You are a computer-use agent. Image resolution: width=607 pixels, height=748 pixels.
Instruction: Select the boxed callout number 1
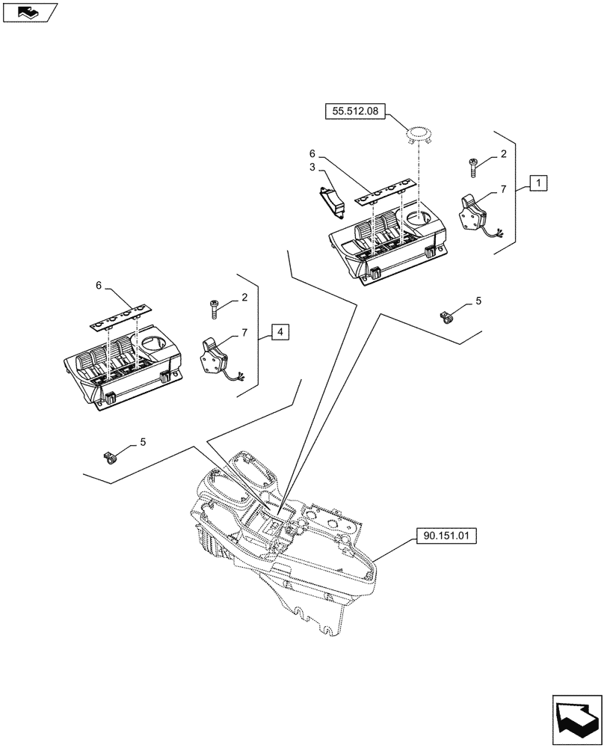click(x=540, y=182)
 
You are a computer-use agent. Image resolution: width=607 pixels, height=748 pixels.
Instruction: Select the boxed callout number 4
click(x=277, y=331)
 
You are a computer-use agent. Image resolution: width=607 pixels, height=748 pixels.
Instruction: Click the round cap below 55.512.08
click(x=419, y=135)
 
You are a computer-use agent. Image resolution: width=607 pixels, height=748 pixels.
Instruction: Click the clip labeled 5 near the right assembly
click(x=448, y=319)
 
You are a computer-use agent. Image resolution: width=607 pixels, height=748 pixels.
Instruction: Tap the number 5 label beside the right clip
click(x=478, y=301)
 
